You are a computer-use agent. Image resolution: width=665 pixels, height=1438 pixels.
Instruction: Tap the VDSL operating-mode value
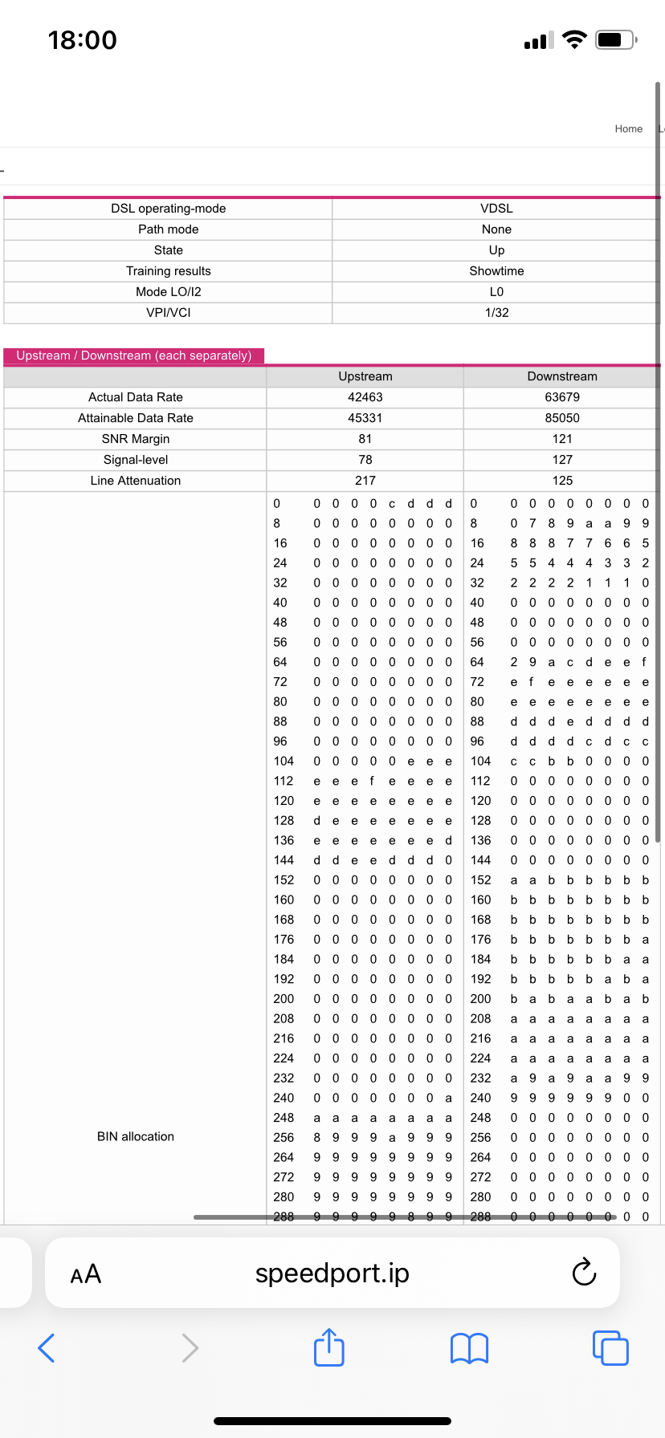click(x=496, y=209)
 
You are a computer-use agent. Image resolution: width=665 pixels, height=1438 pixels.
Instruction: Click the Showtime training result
click(x=496, y=271)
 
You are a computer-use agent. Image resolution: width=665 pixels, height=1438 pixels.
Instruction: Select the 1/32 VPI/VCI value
click(x=496, y=313)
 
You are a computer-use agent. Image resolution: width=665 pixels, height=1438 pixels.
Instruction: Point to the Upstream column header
click(x=365, y=376)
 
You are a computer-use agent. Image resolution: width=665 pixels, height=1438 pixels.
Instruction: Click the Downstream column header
click(x=562, y=376)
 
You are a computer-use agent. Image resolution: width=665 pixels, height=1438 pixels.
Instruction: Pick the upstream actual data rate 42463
click(x=365, y=397)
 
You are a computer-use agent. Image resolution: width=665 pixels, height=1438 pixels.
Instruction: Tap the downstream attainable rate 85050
click(x=562, y=418)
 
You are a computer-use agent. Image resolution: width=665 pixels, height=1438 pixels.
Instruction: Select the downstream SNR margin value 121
click(x=562, y=439)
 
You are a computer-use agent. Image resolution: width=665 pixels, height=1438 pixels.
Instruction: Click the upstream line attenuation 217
click(x=365, y=481)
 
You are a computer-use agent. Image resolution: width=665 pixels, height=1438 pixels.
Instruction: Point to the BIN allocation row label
click(x=136, y=1136)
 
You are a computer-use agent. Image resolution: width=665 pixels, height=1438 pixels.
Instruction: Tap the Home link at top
click(x=628, y=128)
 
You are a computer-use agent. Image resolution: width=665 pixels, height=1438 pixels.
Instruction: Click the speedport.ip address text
click(x=332, y=1273)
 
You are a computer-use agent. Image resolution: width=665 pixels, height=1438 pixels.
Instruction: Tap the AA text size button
click(x=86, y=1274)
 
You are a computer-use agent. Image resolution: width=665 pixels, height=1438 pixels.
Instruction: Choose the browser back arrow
click(x=47, y=1348)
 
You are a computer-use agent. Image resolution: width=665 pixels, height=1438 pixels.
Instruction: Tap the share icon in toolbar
click(x=329, y=1347)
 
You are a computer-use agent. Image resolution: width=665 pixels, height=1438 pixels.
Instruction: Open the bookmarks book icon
click(x=470, y=1348)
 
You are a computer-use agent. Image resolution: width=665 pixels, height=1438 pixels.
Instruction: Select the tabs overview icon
click(x=610, y=1348)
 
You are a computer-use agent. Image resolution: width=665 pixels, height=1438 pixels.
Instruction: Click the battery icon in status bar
click(x=616, y=40)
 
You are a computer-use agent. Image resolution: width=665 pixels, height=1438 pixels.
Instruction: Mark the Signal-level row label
click(x=136, y=460)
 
